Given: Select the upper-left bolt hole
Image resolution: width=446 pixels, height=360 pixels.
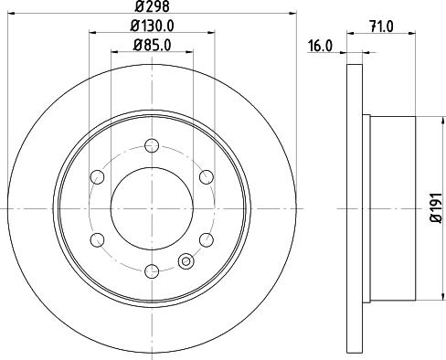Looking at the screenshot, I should point(96,176).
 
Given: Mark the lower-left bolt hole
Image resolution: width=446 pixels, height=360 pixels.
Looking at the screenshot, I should point(96,239).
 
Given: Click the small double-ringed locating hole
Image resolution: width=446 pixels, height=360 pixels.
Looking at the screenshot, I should point(186,261).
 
